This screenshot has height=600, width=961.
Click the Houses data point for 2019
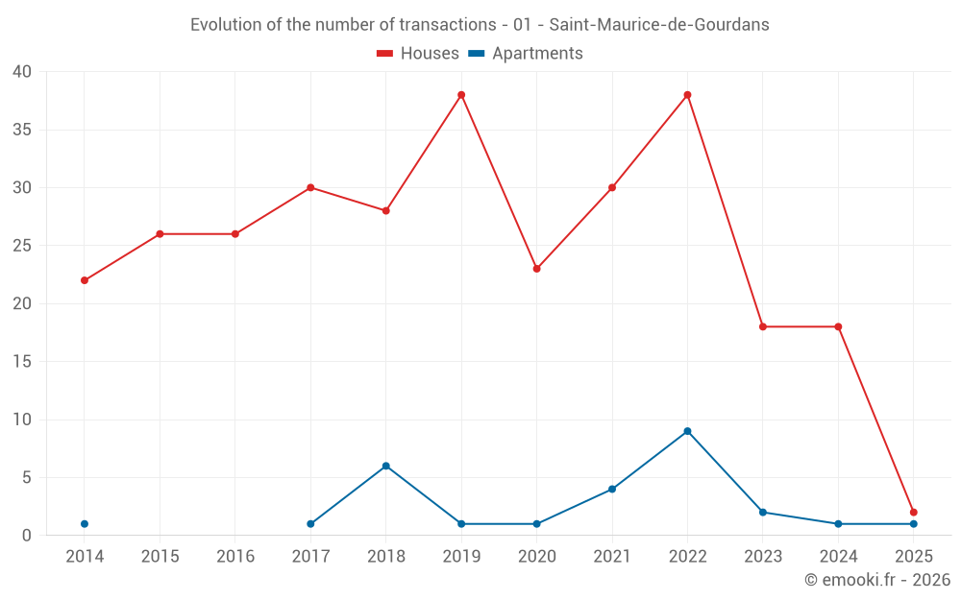tap(461, 95)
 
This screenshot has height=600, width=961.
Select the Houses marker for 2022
tap(687, 95)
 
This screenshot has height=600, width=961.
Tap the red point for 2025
tap(913, 513)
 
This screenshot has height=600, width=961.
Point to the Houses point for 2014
tap(85, 280)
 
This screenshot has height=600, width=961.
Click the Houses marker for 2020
tap(536, 269)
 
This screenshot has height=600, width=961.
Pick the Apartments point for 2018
tap(385, 466)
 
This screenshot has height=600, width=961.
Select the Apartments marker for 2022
tap(687, 431)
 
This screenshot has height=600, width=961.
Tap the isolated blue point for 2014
tap(85, 524)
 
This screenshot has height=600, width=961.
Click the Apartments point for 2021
tap(612, 490)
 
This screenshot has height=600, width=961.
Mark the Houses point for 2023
tap(762, 326)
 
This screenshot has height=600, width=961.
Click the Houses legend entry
tap(418, 54)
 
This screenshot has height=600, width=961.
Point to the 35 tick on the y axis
tap(22, 130)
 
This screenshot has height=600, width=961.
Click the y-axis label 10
tap(22, 420)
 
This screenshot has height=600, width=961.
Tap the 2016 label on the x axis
tap(235, 557)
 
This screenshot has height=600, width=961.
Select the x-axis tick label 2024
tap(838, 557)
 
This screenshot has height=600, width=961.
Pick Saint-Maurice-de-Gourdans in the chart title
tap(658, 25)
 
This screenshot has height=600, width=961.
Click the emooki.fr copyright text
tap(876, 580)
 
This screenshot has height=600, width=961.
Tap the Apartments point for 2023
tap(762, 513)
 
